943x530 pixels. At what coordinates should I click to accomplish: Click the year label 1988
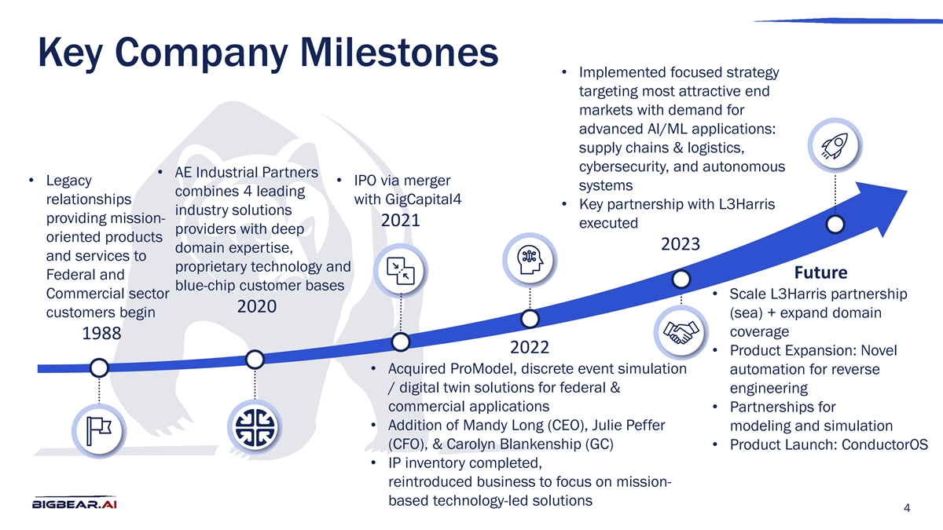101,334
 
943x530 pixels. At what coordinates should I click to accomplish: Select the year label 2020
256,306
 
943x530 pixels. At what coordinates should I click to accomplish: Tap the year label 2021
401,221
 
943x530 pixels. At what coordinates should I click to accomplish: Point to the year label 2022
529,347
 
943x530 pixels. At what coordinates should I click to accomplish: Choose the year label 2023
681,243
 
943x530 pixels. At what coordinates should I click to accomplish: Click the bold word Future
820,272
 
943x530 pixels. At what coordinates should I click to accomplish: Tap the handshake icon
681,333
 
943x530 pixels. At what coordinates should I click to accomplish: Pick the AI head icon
530,260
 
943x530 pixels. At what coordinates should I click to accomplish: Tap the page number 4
908,509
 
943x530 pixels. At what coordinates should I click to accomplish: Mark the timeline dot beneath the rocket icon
835,224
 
